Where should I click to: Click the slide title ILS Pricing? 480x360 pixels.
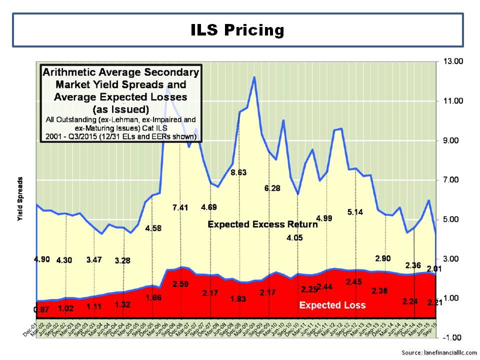[x=237, y=30]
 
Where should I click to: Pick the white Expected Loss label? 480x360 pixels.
[x=332, y=305]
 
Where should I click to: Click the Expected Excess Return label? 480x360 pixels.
[x=262, y=224]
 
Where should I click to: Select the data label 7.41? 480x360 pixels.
[x=181, y=207]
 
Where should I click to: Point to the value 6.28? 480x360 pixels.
[x=273, y=188]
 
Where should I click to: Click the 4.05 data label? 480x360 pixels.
[x=295, y=237]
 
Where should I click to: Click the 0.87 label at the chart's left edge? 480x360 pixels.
[x=42, y=310]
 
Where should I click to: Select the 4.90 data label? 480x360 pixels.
[x=42, y=260]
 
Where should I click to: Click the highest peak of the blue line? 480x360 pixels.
[x=254, y=77]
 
